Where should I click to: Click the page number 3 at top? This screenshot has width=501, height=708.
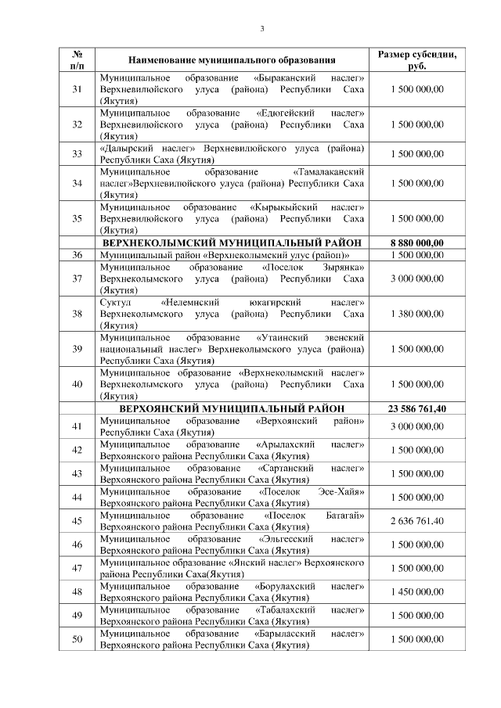click(262, 29)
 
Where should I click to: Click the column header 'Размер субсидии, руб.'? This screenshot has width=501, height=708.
click(416, 59)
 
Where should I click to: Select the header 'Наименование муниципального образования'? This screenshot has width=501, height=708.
click(232, 59)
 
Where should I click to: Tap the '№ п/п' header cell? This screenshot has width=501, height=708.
click(77, 59)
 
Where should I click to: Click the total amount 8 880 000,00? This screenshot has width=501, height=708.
click(416, 243)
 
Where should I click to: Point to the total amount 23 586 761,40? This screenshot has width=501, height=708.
click(416, 408)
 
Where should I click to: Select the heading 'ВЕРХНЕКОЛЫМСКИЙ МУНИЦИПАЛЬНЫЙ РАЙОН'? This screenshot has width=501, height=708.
click(232, 243)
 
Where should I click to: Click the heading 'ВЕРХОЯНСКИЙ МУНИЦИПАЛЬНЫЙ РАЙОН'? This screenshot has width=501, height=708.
click(232, 408)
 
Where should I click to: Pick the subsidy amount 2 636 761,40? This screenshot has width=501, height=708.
click(416, 521)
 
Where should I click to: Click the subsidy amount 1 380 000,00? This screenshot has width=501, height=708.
click(416, 313)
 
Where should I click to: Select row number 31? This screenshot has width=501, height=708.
click(77, 90)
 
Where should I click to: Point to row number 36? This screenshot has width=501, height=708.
click(77, 255)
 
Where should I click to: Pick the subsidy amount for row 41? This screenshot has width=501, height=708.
click(416, 426)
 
